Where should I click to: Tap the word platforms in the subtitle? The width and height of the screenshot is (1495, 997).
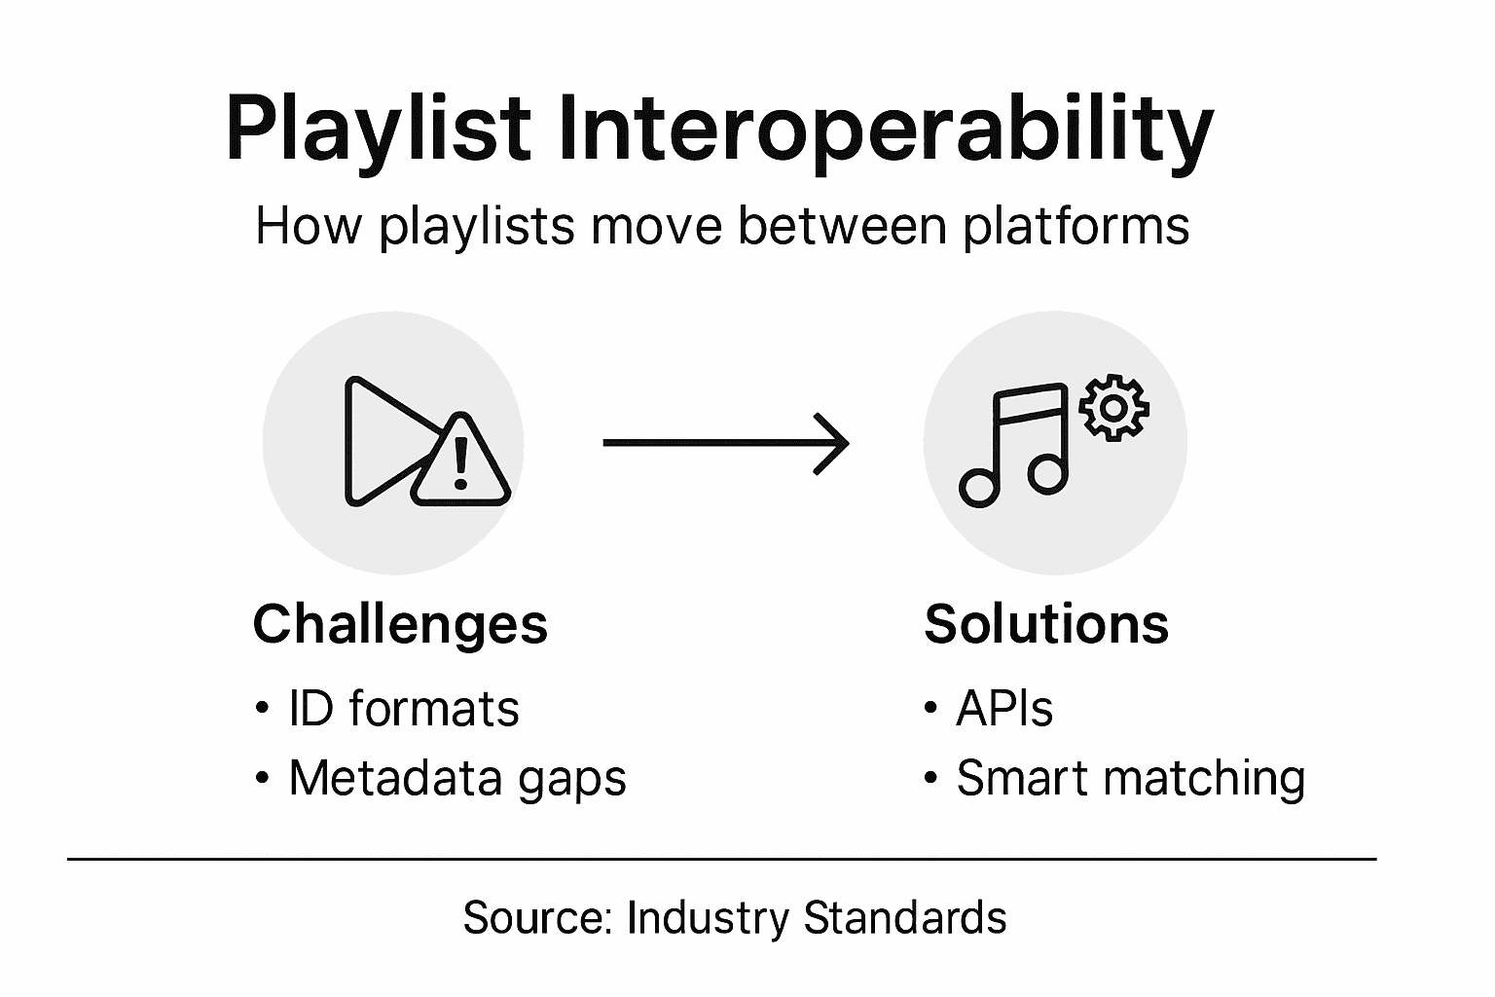click(1076, 226)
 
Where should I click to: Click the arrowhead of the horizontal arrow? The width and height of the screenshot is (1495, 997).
click(833, 444)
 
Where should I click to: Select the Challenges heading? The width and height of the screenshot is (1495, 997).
click(400, 623)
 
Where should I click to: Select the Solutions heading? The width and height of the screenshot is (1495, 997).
click(1046, 623)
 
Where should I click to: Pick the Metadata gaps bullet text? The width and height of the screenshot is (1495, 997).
click(457, 778)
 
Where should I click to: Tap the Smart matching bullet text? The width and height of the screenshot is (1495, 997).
click(1130, 778)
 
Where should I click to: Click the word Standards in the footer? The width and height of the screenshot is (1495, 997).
click(905, 917)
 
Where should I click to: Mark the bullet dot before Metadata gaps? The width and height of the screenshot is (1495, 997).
click(261, 779)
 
